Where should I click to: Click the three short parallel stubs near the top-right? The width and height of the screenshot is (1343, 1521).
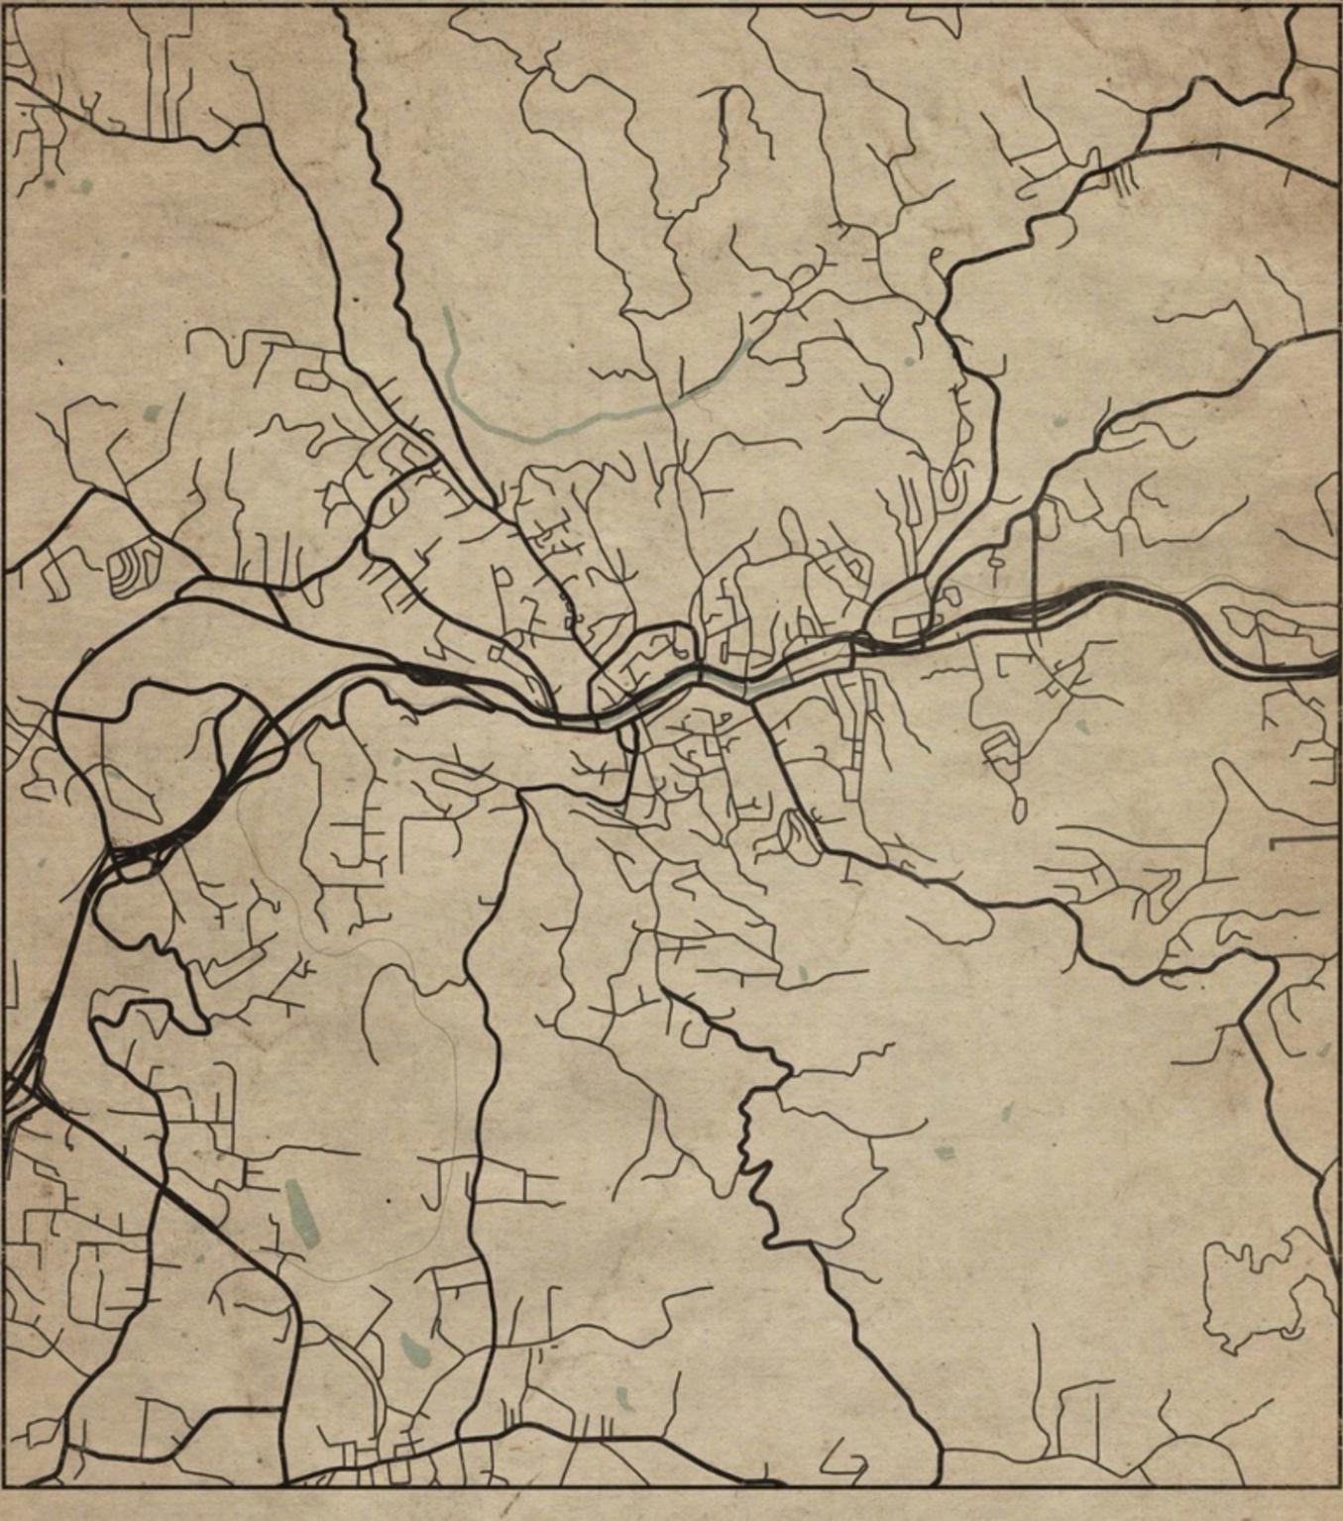[1124, 178]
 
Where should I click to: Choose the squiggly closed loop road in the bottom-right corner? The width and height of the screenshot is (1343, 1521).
[1259, 1288]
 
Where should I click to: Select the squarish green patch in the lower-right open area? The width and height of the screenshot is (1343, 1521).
[945, 1152]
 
